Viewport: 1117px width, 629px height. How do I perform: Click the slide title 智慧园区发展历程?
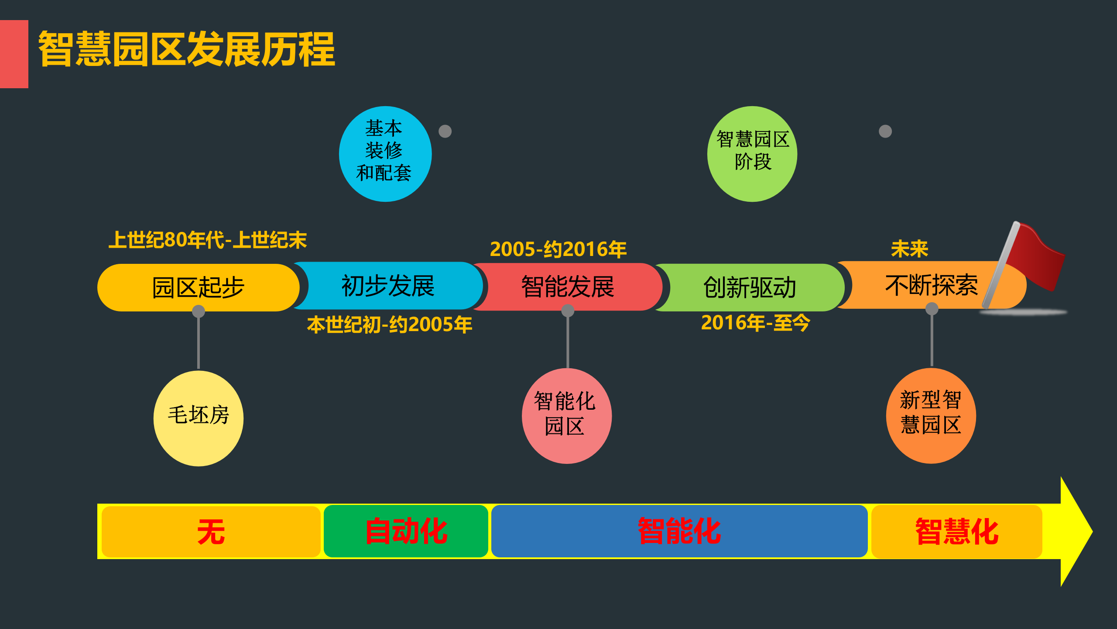pyautogui.click(x=187, y=49)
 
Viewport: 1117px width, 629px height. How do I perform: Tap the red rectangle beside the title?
pyautogui.click(x=14, y=54)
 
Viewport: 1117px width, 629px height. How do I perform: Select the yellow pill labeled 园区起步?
pyautogui.click(x=198, y=287)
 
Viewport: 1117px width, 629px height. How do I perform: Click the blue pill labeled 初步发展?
pyautogui.click(x=388, y=286)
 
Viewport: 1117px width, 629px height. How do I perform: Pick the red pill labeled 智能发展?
pyautogui.click(x=567, y=287)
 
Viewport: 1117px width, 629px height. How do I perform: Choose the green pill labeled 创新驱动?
pyautogui.click(x=750, y=287)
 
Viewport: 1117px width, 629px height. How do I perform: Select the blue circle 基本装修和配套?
pyautogui.click(x=385, y=154)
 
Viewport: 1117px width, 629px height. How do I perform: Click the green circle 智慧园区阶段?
pyautogui.click(x=752, y=154)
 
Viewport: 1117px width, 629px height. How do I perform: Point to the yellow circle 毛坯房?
pyautogui.click(x=199, y=418)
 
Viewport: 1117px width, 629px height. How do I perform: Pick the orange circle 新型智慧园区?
pyautogui.click(x=931, y=415)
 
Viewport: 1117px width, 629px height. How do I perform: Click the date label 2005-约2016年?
pyautogui.click(x=558, y=249)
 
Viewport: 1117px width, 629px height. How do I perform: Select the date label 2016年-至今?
pyautogui.click(x=755, y=323)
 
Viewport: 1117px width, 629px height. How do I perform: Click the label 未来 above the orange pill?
pyautogui.click(x=909, y=249)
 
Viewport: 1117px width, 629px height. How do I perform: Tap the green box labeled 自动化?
pyautogui.click(x=406, y=531)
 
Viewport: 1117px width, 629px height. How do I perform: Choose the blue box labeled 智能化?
pyautogui.click(x=679, y=531)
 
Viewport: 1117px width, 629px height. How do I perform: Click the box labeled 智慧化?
pyautogui.click(x=956, y=532)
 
